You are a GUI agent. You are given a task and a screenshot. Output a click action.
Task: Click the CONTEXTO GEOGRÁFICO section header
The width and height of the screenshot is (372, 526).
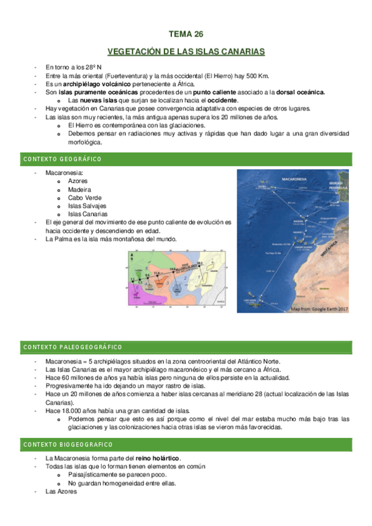(x=62, y=159)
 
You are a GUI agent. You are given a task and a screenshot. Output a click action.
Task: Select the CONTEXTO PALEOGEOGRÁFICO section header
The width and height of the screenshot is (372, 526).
(x=73, y=347)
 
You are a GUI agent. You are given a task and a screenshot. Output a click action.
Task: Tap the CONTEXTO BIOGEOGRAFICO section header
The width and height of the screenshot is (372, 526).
(x=68, y=445)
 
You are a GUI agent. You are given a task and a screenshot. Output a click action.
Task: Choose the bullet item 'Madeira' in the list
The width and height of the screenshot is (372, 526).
(x=79, y=189)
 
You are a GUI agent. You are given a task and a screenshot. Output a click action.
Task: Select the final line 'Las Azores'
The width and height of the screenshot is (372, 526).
(x=61, y=491)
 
